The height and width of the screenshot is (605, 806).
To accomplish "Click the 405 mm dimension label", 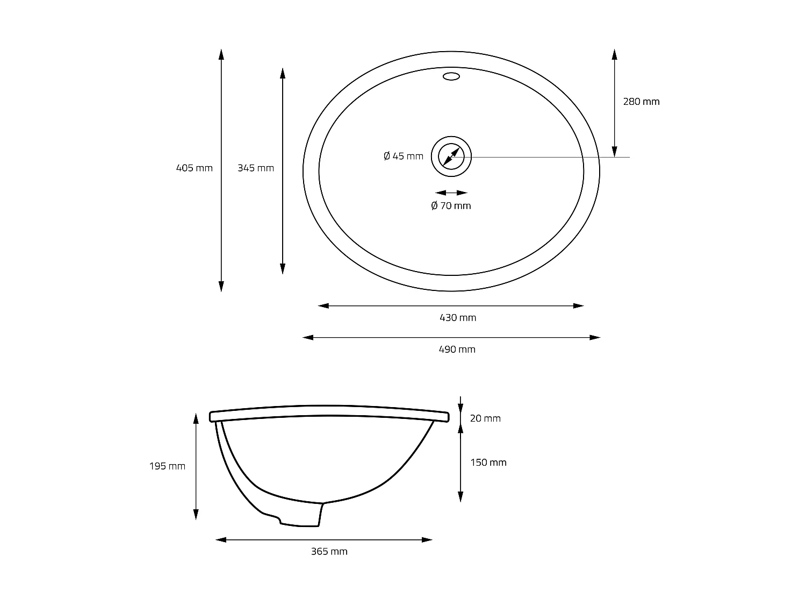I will coord(195,168).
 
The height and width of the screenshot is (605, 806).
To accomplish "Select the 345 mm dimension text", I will coord(256,168).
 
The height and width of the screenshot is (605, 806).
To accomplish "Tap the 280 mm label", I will coord(641,101).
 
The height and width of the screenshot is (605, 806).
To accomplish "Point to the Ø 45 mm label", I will coord(404,156).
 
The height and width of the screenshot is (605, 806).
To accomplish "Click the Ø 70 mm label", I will coord(451,205).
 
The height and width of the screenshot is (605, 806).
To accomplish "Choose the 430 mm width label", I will coord(458,317).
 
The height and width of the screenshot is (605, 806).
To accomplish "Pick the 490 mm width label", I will coord(457,349).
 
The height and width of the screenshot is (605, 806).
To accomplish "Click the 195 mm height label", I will coord(167,466).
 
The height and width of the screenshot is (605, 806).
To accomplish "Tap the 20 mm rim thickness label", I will coord(485,418).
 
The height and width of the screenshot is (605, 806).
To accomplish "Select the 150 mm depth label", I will coord(488,462).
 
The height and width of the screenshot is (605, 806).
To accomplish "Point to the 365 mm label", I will coord(329,551).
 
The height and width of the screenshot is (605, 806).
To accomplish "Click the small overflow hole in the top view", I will coord(451,76).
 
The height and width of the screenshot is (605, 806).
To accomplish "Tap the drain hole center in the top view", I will coord(451,156).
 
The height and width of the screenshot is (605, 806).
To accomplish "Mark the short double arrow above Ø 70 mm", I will coord(451,193).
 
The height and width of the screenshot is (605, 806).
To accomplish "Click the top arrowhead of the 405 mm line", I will coord(221,53).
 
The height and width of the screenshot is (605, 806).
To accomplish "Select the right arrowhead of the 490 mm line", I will coord(595,338).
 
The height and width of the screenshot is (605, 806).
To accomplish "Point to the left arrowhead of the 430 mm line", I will coord(323,306).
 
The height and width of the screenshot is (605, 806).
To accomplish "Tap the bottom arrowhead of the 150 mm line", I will coord(460,497).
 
